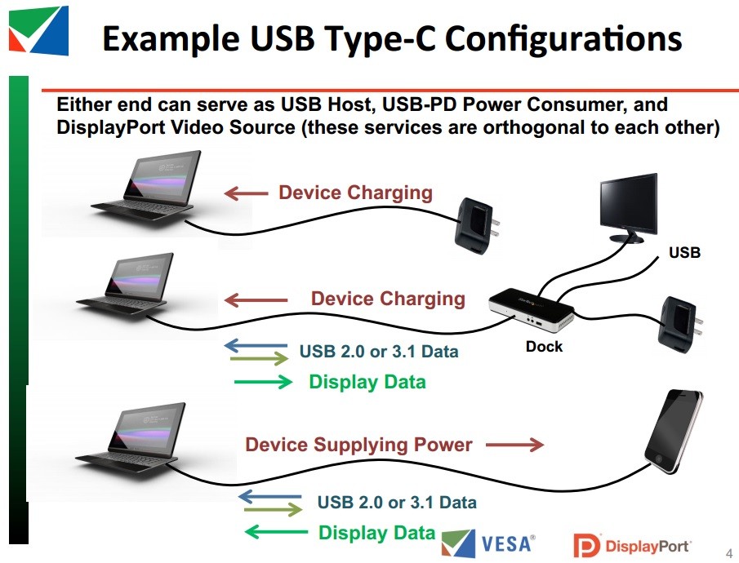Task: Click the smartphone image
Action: [x=673, y=431]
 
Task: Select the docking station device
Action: [x=531, y=308]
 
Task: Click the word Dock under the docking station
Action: [x=544, y=347]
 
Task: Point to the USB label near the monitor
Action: [x=684, y=253]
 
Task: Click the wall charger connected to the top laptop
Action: [x=477, y=226]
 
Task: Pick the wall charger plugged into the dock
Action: [x=679, y=325]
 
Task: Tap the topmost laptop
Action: [x=146, y=186]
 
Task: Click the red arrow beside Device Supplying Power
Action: [x=514, y=444]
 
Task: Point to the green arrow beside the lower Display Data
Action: [x=276, y=532]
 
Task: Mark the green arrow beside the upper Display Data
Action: [x=264, y=382]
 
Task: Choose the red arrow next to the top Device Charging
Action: [x=246, y=193]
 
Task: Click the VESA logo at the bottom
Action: [x=488, y=543]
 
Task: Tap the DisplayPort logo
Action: [x=632, y=546]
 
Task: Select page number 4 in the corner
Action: [x=729, y=552]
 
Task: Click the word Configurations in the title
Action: [x=563, y=39]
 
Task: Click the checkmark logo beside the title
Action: [x=38, y=30]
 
